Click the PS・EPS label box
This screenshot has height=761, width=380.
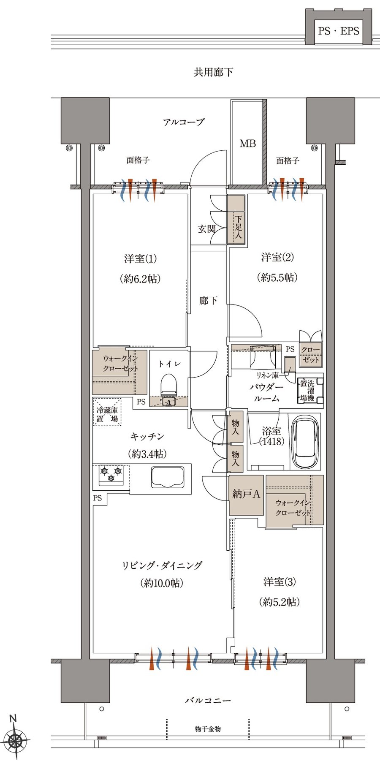coord(339,31)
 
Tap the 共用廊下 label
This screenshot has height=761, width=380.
coord(213,72)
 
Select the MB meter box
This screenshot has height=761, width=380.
coord(247,143)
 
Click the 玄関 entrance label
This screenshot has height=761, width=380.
coord(207,229)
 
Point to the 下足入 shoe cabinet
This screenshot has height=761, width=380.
coord(236,219)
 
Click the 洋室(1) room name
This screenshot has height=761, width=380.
coord(141,258)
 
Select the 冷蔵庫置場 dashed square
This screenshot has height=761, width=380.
coord(107,412)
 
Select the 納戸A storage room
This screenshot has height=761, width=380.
coord(246,495)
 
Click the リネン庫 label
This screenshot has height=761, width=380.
coord(267,375)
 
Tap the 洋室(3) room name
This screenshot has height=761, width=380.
coord(280,582)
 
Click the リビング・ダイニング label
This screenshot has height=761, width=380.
coord(162,565)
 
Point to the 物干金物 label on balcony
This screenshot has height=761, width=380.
coord(208,729)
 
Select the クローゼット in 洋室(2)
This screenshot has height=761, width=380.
coord(311,354)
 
